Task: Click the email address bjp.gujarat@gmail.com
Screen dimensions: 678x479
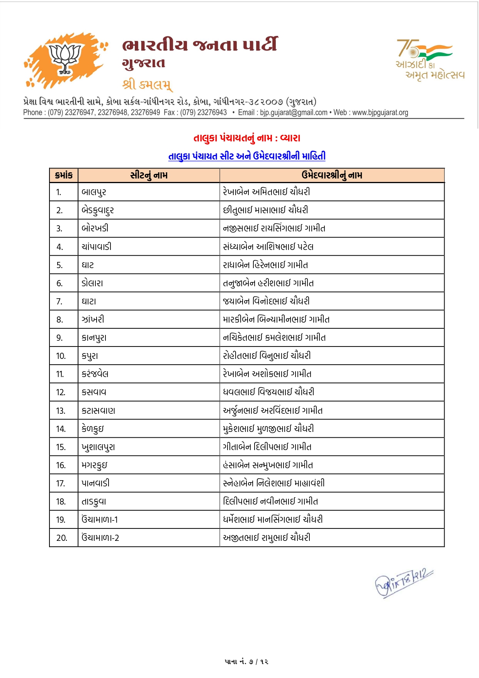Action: [x=294, y=112]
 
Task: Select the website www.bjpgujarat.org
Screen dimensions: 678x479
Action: [x=380, y=112]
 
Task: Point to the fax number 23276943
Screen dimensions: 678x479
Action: [x=211, y=112]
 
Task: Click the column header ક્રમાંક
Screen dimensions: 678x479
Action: [x=64, y=175]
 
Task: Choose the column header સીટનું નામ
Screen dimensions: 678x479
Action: [x=149, y=175]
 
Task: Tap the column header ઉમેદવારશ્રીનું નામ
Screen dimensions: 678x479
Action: [x=332, y=175]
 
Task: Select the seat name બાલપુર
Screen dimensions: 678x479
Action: [x=94, y=192]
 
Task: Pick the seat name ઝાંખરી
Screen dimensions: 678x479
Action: [x=93, y=319]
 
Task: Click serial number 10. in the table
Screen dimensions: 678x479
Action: [x=61, y=356]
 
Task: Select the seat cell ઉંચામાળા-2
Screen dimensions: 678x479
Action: [x=100, y=538]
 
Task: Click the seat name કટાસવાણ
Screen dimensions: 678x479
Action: [x=98, y=411]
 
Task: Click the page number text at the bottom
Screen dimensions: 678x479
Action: [x=246, y=661]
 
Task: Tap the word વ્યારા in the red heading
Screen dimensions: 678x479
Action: [x=290, y=138]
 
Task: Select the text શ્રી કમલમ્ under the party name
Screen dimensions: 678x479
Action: [x=147, y=84]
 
